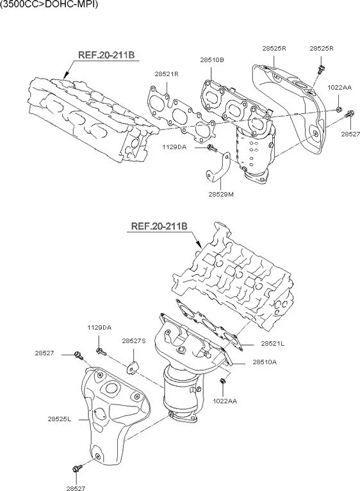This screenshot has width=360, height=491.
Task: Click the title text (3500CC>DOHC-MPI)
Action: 45,4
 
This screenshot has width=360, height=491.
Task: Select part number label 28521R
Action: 166,74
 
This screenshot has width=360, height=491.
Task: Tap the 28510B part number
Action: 211,60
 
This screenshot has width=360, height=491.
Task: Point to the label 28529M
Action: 221,194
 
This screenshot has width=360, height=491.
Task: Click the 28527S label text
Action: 135,341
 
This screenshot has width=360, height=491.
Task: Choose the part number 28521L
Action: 272,344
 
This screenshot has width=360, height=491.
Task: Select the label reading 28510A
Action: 265,362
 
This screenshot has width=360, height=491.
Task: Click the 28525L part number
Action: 59,419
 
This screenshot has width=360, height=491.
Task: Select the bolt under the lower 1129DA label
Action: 100,350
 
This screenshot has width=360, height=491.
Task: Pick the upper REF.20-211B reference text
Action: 106,55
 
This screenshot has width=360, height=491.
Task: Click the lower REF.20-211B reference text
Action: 159,226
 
